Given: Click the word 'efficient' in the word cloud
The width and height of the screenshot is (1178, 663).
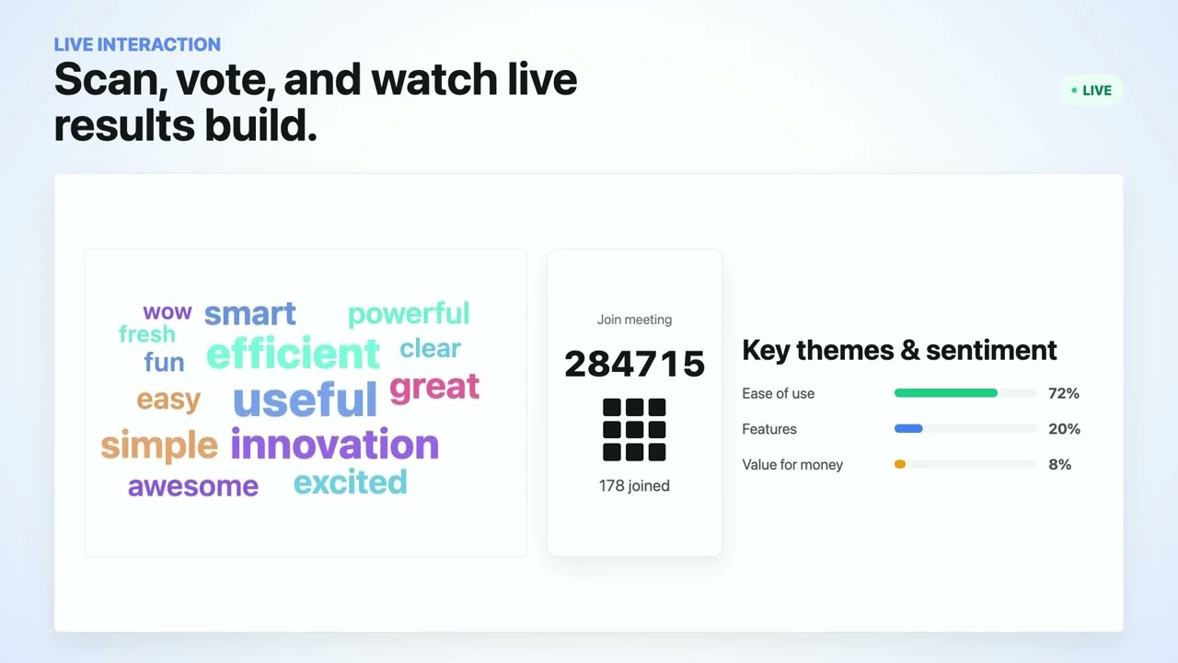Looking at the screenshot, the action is coord(293,353).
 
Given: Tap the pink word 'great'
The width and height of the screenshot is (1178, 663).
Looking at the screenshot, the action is coord(434,388).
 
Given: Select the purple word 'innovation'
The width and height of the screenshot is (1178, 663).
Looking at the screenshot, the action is coord(334,444).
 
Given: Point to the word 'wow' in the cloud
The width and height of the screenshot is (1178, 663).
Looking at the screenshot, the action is coord(167,312).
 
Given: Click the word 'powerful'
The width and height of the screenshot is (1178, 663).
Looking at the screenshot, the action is coord(409,315).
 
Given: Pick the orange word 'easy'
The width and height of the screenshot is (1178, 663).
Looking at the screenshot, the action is coord(168,400).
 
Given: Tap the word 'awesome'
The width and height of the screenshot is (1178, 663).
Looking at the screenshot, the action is coord(193,486).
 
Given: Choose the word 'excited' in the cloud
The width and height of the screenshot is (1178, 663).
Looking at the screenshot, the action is coord(351,482).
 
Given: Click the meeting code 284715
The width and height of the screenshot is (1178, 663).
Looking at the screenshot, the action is coord(634,364).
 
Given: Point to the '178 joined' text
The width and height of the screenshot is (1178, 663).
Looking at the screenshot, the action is coord(634,485).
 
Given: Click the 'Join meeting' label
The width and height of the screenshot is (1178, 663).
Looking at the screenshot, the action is coord(634,320).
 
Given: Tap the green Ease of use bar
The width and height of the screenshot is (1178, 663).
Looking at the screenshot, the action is coord(945,393).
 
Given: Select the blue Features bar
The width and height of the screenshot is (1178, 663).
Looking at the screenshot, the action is coord(908,429).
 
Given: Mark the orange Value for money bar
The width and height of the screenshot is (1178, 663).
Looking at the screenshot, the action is coord(900,464).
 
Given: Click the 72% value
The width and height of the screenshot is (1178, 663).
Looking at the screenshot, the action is coord(1063,393).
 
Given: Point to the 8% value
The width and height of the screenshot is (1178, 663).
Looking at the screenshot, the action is coord(1059,464).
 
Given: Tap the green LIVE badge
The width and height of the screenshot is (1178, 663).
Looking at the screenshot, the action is coord(1091,90).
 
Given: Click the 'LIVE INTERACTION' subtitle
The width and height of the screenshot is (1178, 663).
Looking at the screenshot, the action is coord(137,45).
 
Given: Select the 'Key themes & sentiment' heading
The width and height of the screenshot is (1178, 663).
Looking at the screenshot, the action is coord(899,351).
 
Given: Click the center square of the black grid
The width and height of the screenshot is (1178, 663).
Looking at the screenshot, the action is coord(634,429).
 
